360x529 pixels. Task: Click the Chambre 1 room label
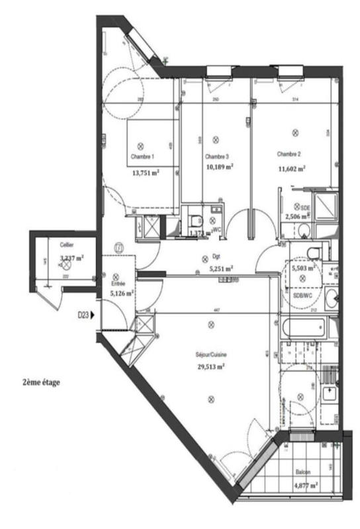144,157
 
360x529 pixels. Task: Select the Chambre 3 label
216,157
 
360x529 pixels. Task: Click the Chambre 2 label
289,154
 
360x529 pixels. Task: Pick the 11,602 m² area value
291,169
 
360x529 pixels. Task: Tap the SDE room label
305,207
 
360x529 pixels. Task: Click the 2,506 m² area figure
298,216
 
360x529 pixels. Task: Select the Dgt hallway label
216,259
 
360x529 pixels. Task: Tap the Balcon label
304,473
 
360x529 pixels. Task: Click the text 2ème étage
41,382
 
